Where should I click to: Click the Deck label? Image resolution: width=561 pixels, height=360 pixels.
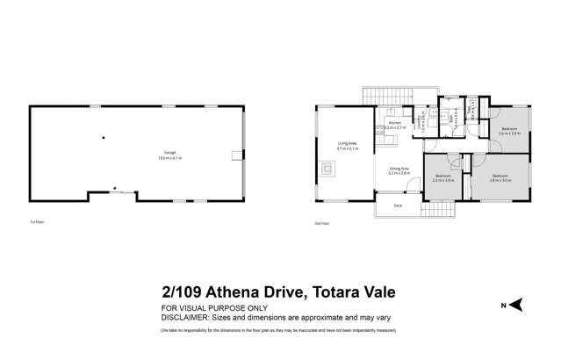397,205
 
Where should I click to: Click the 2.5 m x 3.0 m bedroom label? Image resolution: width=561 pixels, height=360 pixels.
443,178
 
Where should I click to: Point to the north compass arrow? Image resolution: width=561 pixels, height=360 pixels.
517,304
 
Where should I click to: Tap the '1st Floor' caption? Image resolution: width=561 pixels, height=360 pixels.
36,223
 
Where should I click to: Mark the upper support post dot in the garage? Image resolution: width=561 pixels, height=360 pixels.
103,137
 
